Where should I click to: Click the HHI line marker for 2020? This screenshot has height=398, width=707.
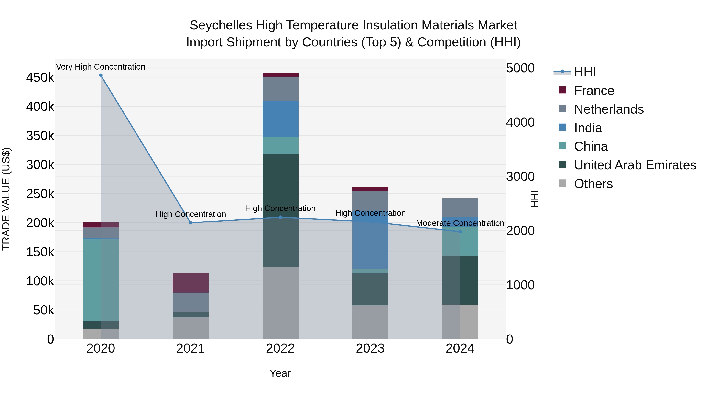101,75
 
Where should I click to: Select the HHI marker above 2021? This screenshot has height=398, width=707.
191,223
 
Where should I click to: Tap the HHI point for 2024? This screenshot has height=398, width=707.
460,232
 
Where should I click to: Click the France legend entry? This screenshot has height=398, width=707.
594,91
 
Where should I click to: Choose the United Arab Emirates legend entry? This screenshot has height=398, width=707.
635,165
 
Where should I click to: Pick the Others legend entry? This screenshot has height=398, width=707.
593,184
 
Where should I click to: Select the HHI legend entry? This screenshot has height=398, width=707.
585,72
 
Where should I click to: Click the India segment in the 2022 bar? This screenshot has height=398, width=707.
280,119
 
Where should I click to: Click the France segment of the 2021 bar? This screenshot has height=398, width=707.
190,283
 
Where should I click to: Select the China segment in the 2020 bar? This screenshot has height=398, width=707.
101,280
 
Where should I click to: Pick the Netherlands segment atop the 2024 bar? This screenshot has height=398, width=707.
460,208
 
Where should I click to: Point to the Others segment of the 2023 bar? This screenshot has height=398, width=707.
370,322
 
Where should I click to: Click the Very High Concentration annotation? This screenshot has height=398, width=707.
101,67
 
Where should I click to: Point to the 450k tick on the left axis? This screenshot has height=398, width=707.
40,78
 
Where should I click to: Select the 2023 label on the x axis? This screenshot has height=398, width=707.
370,348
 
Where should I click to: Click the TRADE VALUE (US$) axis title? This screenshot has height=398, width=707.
6,199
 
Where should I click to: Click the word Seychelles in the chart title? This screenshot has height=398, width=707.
221,25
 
